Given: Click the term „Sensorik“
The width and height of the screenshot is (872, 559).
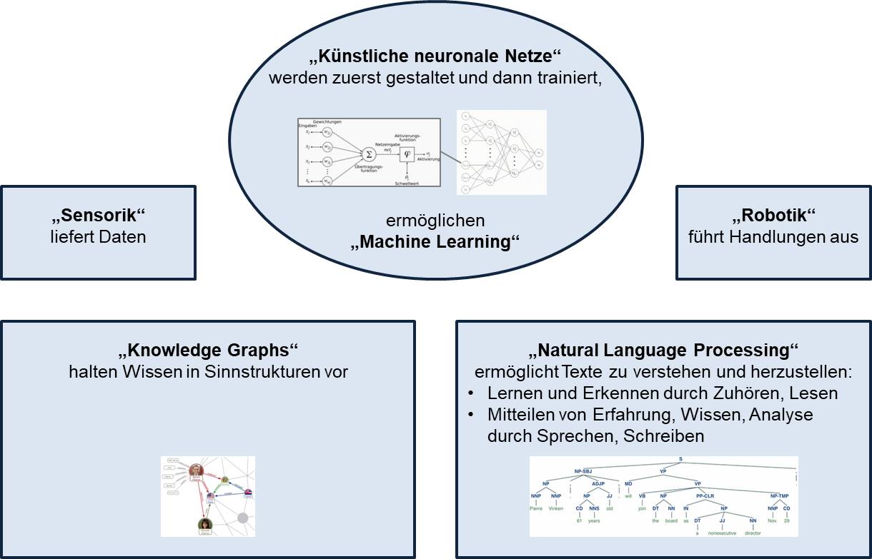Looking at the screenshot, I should tap(99, 215).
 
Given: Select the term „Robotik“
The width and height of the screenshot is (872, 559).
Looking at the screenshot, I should tap(774, 215).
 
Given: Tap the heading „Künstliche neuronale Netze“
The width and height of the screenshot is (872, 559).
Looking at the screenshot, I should tap(436, 58).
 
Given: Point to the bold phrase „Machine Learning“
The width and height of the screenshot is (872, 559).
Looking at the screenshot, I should tap(435, 241).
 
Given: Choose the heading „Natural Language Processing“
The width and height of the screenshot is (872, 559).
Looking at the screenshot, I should tap(664, 351).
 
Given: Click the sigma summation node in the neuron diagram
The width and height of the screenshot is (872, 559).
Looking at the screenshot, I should tap(370, 153).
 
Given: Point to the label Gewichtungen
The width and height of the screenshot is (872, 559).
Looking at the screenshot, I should tap(327, 122).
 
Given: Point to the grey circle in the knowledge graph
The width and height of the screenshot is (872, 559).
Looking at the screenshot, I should tap(242, 518).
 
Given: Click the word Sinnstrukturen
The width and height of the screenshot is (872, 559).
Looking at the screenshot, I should tap(269, 372).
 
